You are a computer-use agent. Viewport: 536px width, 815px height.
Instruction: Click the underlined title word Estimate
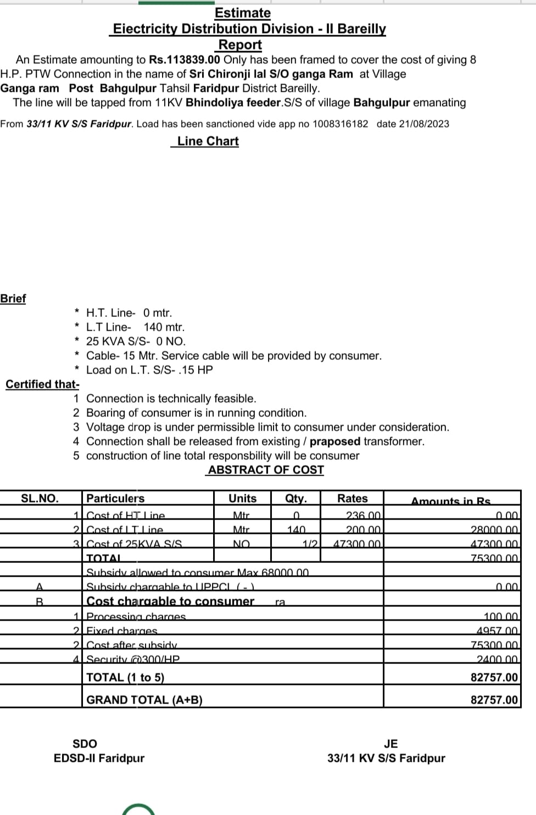(242, 13)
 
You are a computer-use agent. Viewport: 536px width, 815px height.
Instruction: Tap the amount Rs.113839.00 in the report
(185, 60)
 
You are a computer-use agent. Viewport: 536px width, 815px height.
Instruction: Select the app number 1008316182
(340, 124)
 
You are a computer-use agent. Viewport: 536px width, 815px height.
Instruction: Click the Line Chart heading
(208, 141)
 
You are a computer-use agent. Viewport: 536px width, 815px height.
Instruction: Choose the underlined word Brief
(13, 298)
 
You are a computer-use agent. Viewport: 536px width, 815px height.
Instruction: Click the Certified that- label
(42, 384)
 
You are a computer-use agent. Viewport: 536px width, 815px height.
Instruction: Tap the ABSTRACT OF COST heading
(266, 470)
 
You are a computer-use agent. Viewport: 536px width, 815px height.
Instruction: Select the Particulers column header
(115, 499)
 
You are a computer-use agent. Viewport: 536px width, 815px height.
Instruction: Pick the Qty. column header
(296, 499)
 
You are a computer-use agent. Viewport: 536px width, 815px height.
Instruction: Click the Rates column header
(353, 499)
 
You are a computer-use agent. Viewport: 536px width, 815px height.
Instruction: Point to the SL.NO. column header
(40, 499)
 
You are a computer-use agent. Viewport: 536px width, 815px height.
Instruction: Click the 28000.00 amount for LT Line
(494, 530)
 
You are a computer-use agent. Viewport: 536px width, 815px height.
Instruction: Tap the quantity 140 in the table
(296, 530)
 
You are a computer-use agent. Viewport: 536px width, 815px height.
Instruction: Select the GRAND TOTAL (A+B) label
(144, 700)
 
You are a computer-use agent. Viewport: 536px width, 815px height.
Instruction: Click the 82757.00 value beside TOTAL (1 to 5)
(494, 677)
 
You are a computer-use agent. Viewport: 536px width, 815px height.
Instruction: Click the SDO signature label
(85, 744)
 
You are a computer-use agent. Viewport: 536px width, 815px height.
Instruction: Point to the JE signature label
(390, 744)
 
